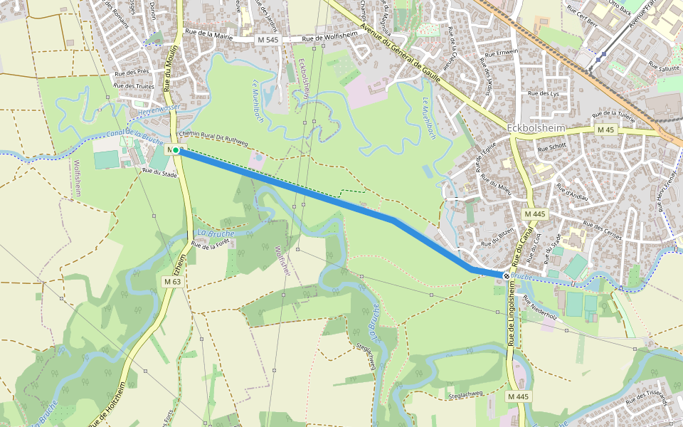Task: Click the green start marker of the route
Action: point(176,150)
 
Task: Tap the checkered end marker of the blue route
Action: point(506,275)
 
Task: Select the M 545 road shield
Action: point(268,40)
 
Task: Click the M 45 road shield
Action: point(605,130)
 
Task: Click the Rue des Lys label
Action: point(544,94)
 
